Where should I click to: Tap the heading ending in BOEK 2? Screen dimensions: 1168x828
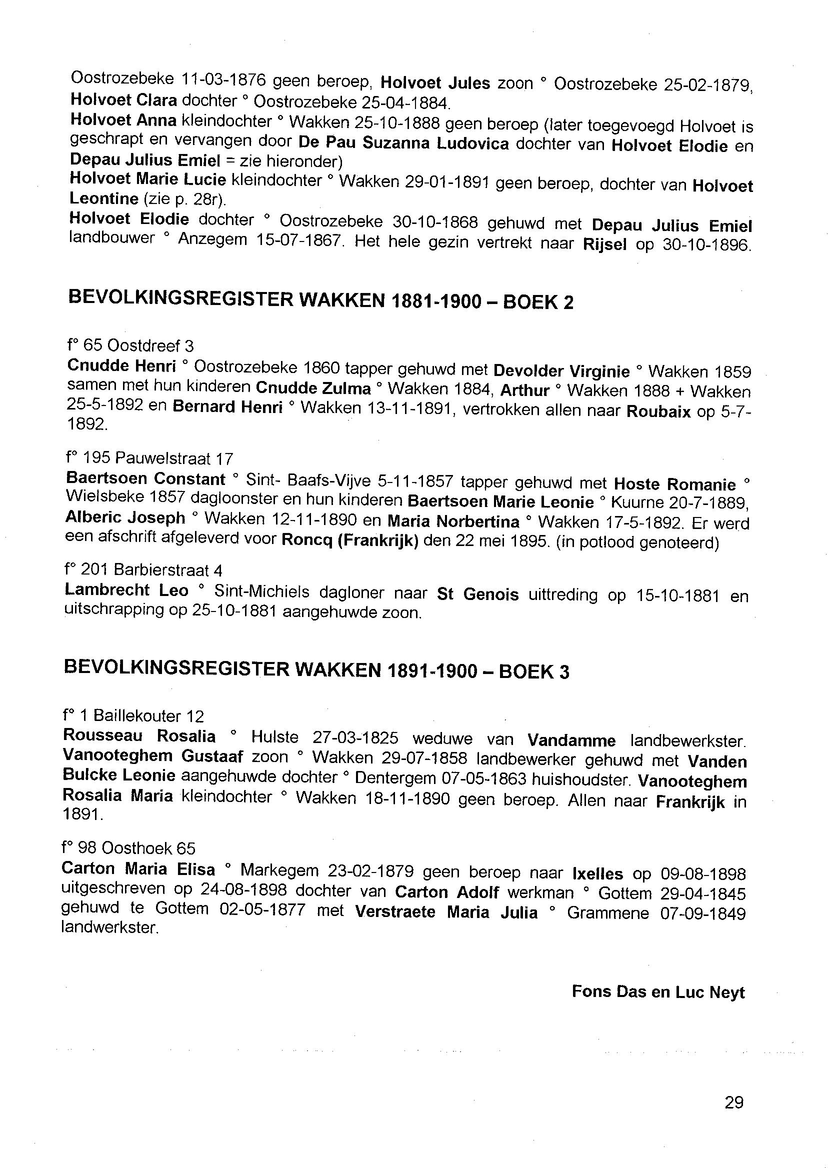(x=320, y=300)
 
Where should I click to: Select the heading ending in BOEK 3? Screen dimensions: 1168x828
(x=316, y=670)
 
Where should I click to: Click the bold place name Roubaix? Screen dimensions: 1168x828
(x=658, y=412)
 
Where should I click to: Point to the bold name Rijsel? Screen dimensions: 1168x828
(x=604, y=244)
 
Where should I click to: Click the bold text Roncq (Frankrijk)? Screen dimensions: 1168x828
(x=350, y=540)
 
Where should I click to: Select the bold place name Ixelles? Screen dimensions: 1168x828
(x=597, y=873)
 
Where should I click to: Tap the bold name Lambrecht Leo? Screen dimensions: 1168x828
(x=126, y=591)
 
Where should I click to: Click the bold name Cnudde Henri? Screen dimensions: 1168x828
(x=121, y=366)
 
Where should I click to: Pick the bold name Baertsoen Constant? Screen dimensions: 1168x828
(x=145, y=479)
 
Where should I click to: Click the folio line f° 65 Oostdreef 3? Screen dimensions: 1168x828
(x=130, y=346)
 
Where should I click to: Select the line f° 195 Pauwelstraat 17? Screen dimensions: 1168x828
(x=149, y=458)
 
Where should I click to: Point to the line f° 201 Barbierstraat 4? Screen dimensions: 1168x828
(x=143, y=570)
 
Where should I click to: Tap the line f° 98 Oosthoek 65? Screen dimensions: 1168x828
(x=128, y=848)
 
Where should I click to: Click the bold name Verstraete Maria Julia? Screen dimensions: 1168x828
(x=446, y=912)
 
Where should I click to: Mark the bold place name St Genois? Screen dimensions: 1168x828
(x=477, y=594)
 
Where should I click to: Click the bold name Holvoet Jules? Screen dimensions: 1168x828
(x=435, y=82)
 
